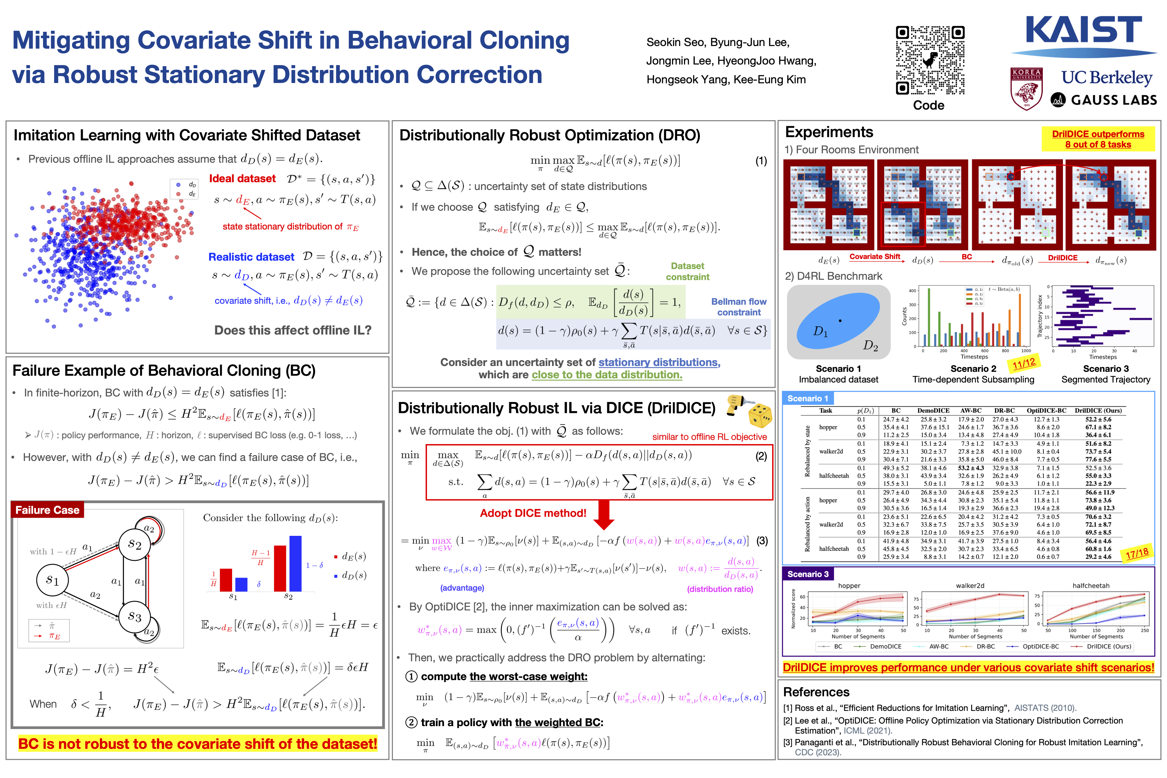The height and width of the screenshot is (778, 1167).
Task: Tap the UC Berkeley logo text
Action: [x=1106, y=77]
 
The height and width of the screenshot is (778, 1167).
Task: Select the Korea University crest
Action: [x=1026, y=88]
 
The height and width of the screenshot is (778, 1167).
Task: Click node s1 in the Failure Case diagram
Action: [x=53, y=580]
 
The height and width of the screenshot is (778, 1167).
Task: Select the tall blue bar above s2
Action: [x=295, y=563]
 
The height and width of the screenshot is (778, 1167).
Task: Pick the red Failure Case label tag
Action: [x=47, y=510]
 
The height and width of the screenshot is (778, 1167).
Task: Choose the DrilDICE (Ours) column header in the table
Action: [x=1098, y=410]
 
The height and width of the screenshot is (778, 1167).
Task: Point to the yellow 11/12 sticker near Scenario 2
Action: [x=1024, y=364]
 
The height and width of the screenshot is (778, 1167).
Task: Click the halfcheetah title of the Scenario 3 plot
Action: [x=1090, y=585]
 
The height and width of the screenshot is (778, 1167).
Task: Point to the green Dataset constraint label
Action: [x=687, y=271]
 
